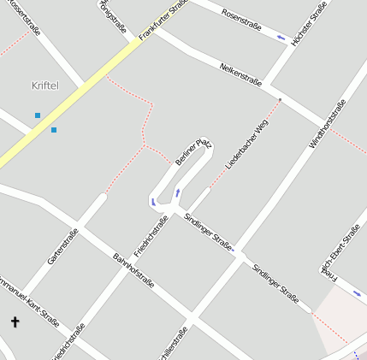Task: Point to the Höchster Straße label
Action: coord(309,22)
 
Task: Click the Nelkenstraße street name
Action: coord(240,74)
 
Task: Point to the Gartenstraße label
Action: coord(62,245)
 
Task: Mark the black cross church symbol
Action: coord(15,322)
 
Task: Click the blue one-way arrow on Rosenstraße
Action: coord(281,37)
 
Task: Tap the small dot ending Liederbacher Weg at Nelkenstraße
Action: coord(280,100)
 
